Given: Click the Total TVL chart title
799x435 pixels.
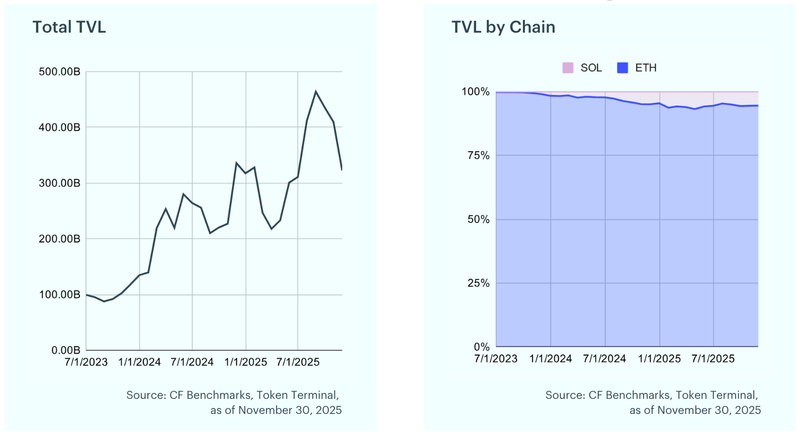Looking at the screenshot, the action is [69, 27].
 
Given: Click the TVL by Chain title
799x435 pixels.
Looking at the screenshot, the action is [503, 27].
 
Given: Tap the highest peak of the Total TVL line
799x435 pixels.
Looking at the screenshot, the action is [316, 91].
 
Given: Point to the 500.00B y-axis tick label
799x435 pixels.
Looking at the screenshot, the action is [59, 72].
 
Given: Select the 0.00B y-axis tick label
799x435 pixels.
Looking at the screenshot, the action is [66, 350].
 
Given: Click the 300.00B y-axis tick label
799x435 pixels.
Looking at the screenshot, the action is [59, 183].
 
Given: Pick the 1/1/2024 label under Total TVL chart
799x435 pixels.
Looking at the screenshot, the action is [139, 362].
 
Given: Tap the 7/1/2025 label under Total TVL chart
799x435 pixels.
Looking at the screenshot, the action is [298, 362].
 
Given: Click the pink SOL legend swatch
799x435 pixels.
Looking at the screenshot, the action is [568, 68].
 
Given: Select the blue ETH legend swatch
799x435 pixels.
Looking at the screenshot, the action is [623, 68].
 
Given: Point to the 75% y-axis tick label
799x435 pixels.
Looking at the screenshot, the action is [479, 155].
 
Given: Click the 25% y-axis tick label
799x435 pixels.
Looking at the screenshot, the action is [479, 283].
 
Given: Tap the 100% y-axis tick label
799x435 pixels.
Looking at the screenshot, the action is [476, 91].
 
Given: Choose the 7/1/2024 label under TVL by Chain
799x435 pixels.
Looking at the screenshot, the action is [604, 359].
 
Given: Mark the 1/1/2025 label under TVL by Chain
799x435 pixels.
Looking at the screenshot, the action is [659, 359].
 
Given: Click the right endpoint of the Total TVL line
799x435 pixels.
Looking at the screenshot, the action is [342, 170].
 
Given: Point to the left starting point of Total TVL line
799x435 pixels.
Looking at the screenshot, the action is [86, 295].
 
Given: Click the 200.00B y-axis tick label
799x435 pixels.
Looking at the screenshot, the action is [59, 239].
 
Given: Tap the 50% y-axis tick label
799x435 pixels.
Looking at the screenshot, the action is [479, 220].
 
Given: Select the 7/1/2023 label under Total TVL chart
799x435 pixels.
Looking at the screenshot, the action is [86, 362].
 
